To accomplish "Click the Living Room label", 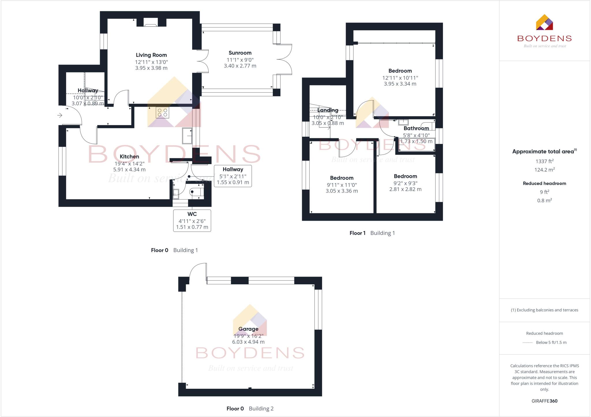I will [x=151, y=55].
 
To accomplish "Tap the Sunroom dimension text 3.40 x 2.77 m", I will [x=240, y=66].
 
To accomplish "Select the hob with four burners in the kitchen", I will [x=162, y=112].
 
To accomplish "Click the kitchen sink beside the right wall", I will [x=187, y=136].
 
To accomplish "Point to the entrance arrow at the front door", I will [x=60, y=115].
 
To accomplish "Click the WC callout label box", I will [x=192, y=221].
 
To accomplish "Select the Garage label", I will [x=248, y=329].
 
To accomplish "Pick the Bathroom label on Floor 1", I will [x=416, y=128].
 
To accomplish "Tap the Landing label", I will [x=328, y=110].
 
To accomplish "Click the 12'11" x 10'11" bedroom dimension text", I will [x=400, y=78].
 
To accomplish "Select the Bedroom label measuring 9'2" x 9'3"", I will [x=405, y=176].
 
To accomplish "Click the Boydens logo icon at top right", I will [x=544, y=22].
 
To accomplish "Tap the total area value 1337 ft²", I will [x=544, y=161].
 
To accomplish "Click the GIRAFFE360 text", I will [x=544, y=401].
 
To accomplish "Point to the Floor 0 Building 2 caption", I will [x=250, y=408].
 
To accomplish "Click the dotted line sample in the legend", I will [x=528, y=343].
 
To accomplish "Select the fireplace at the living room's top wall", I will [x=151, y=23].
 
